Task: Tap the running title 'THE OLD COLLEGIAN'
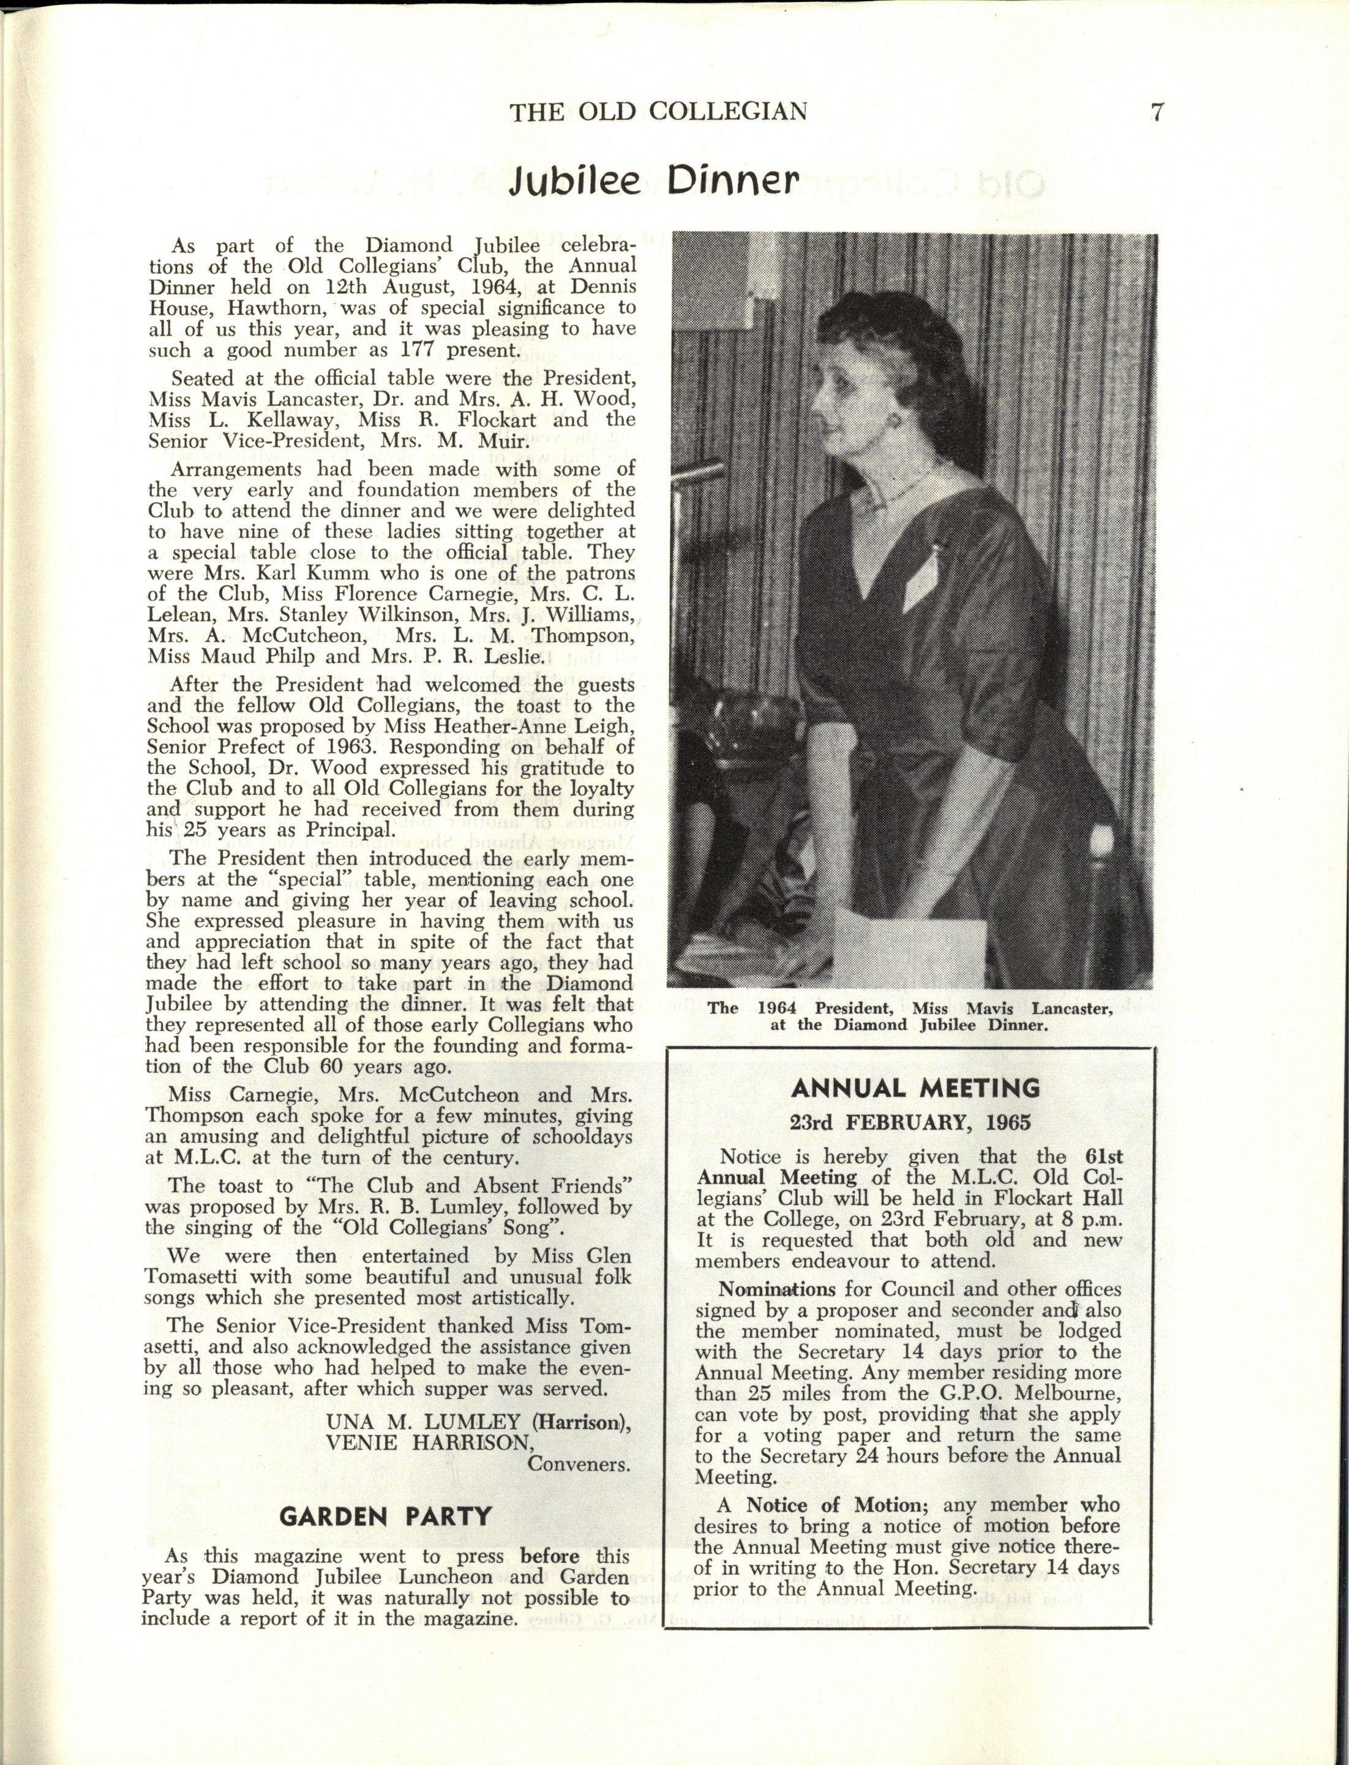tap(658, 111)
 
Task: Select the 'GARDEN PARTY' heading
tap(385, 1516)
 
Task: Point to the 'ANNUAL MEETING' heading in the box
tap(915, 1089)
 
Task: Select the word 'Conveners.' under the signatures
tap(578, 1464)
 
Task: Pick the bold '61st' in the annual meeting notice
tap(1103, 1157)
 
